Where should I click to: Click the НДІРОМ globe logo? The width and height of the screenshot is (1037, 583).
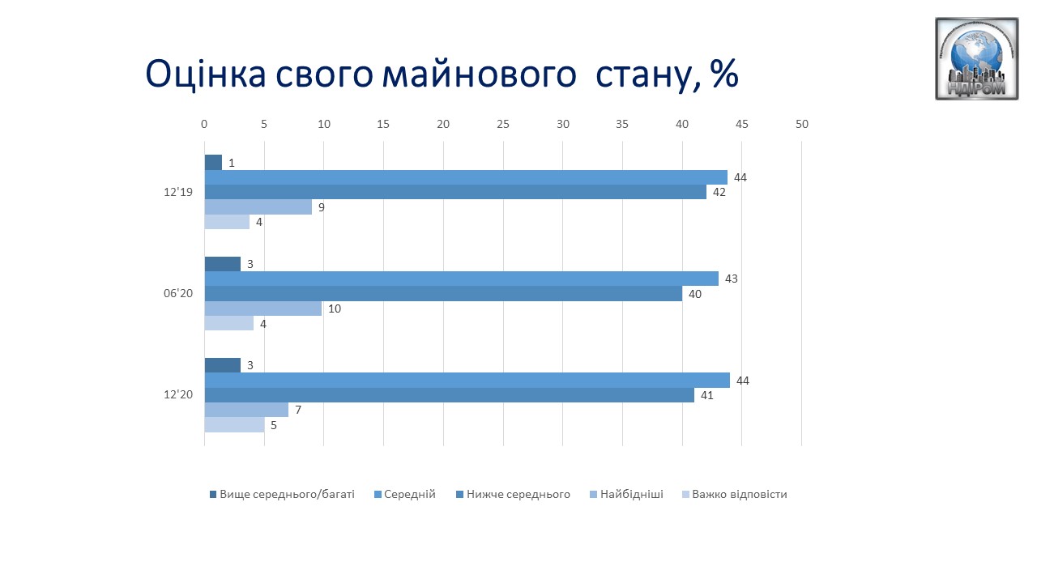pos(977,59)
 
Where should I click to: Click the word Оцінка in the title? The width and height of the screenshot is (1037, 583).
pos(206,74)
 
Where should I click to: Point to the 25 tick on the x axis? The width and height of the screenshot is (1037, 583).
pos(503,124)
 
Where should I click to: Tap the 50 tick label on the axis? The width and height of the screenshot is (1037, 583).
pos(802,124)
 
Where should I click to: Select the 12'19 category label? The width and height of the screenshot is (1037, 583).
pos(178,192)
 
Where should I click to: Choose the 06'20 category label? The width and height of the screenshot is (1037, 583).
pos(178,293)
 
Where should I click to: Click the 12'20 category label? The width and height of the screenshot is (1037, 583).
pos(178,394)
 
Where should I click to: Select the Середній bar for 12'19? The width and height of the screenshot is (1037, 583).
pos(466,177)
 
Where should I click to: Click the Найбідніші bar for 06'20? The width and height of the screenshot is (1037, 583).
pos(263,309)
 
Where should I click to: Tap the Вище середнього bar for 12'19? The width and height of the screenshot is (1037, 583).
pos(213,163)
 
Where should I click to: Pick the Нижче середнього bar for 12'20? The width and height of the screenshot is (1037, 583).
pos(450,395)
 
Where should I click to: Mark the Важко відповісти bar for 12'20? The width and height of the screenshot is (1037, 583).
pos(235,425)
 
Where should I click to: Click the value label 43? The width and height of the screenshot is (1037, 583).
pos(732,279)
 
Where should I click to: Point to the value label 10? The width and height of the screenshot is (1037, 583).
pos(335,309)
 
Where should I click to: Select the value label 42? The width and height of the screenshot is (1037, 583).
pos(719,192)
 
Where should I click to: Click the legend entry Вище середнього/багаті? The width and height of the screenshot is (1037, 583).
pos(282,494)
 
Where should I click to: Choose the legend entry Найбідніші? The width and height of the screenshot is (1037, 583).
pos(626,494)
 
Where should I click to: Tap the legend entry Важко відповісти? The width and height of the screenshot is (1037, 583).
pos(735,494)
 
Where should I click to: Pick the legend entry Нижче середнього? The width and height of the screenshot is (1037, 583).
pos(513,494)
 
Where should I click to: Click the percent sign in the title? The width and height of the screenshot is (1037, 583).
pos(724,73)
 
